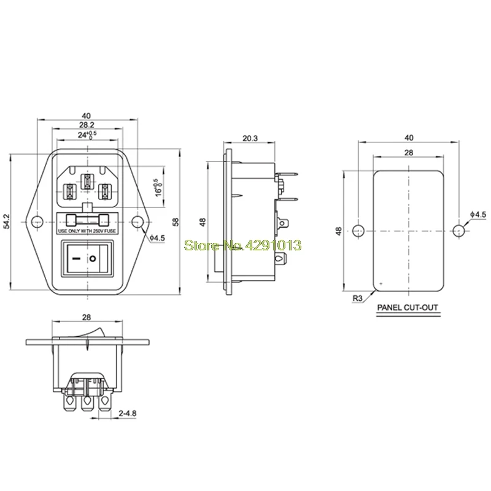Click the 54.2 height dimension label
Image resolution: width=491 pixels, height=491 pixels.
click(x=7, y=222)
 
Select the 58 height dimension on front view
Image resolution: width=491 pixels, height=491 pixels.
click(x=176, y=222)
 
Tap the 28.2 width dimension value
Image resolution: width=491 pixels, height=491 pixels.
click(x=87, y=125)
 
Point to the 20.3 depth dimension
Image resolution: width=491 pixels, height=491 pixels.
click(x=250, y=138)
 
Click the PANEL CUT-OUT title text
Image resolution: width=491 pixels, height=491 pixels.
click(x=408, y=307)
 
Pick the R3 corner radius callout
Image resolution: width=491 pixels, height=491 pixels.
click(x=358, y=298)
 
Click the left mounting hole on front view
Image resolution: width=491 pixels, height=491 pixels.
click(x=37, y=222)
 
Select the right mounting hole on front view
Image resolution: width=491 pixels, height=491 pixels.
click(x=137, y=222)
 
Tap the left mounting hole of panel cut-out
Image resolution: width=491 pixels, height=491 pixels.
click(x=358, y=231)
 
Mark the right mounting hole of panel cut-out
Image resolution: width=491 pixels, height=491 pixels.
click(x=458, y=231)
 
